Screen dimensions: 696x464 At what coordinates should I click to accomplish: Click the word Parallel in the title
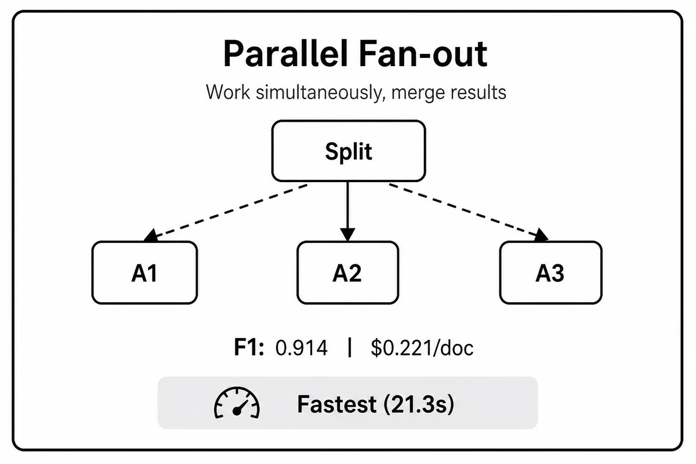[x=285, y=54]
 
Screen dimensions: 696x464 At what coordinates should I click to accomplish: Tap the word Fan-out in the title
[x=423, y=54]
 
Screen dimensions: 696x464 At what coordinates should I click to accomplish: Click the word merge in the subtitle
[x=416, y=93]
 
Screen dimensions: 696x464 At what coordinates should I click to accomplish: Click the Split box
[x=349, y=151]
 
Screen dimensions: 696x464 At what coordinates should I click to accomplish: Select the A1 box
[x=144, y=272]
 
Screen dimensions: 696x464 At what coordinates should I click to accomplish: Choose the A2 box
[x=347, y=272]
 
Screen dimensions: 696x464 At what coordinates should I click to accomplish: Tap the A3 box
[x=550, y=272]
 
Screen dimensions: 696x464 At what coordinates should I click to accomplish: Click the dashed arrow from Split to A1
[x=226, y=213]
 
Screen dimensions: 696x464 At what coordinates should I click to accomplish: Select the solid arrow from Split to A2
[x=347, y=211]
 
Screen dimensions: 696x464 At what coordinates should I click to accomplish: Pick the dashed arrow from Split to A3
[x=469, y=213]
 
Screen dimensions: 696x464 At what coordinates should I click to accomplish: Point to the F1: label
[x=249, y=347]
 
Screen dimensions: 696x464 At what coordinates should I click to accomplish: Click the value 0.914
[x=302, y=348]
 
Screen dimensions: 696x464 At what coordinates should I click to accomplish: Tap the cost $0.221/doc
[x=422, y=347]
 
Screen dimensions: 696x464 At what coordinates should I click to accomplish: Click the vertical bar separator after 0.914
[x=350, y=347]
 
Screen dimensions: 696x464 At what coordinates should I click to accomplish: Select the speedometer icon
[x=237, y=403]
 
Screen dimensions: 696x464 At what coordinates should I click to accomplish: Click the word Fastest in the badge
[x=336, y=404]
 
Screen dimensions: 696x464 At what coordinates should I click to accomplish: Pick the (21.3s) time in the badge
[x=419, y=404]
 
